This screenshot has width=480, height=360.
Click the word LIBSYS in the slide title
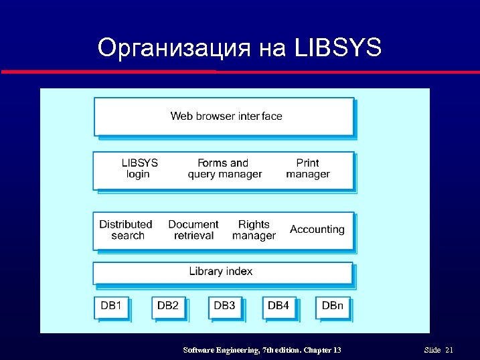point(337,48)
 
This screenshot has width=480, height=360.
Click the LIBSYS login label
point(139,169)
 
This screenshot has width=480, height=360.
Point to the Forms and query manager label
point(224,169)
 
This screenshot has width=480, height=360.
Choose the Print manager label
point(307,169)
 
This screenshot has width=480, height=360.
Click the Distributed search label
point(126,230)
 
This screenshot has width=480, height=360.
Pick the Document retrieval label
point(193,230)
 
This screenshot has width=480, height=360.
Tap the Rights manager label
point(254,230)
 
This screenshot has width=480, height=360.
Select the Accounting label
point(317,230)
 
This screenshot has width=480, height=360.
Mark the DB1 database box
point(111,306)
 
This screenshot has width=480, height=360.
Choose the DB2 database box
point(168,306)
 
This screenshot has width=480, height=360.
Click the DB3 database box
point(225,306)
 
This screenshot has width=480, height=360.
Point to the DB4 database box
point(278,306)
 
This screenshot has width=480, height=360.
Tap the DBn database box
point(332,306)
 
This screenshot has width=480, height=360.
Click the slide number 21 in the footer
point(449,350)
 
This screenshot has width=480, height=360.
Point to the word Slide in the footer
point(432,350)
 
